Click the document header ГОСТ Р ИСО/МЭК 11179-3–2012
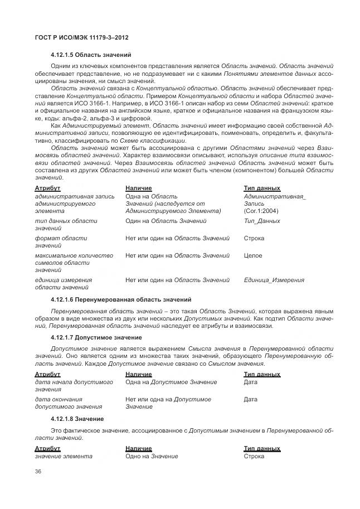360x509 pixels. click(78, 37)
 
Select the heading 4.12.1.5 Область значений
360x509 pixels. click(90, 55)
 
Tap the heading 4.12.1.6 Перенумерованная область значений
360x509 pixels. click(120, 299)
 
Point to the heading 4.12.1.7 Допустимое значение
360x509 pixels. click(96, 338)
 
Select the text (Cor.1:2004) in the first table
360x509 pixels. click(261, 211)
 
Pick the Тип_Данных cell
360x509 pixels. click(262, 221)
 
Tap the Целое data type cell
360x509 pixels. click(254, 255)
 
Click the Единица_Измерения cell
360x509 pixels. click(274, 280)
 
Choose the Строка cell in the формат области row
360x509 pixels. click(254, 239)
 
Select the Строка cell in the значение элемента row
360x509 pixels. click(254, 457)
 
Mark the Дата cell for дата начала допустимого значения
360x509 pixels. click(251, 382)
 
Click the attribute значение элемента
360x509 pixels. click(64, 457)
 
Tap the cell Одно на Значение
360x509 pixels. click(152, 457)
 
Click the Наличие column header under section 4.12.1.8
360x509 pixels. click(138, 448)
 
